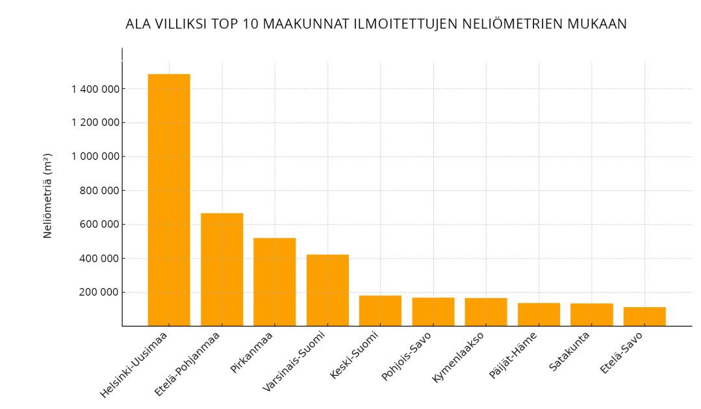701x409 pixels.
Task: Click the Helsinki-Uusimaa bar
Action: pos(169,200)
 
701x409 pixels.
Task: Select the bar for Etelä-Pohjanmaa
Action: pos(222,269)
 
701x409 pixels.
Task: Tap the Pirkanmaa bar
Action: pos(274,282)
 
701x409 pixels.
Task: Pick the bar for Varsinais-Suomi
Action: pos(327,290)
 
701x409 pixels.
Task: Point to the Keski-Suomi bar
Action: pos(380,311)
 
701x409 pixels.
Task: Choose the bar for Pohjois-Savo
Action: pos(433,312)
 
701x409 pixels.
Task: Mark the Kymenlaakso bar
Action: pos(485,312)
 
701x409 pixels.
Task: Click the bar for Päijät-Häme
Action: pos(539,314)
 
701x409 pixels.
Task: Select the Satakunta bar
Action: pos(591,315)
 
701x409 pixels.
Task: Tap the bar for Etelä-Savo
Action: pos(644,316)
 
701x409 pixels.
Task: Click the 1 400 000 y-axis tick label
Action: pos(95,89)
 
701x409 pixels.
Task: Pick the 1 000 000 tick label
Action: pos(95,156)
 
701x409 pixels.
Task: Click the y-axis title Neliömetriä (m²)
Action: pos(47,195)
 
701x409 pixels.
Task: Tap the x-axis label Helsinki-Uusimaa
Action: pos(134,364)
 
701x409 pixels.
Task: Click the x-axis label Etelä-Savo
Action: pos(622,353)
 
